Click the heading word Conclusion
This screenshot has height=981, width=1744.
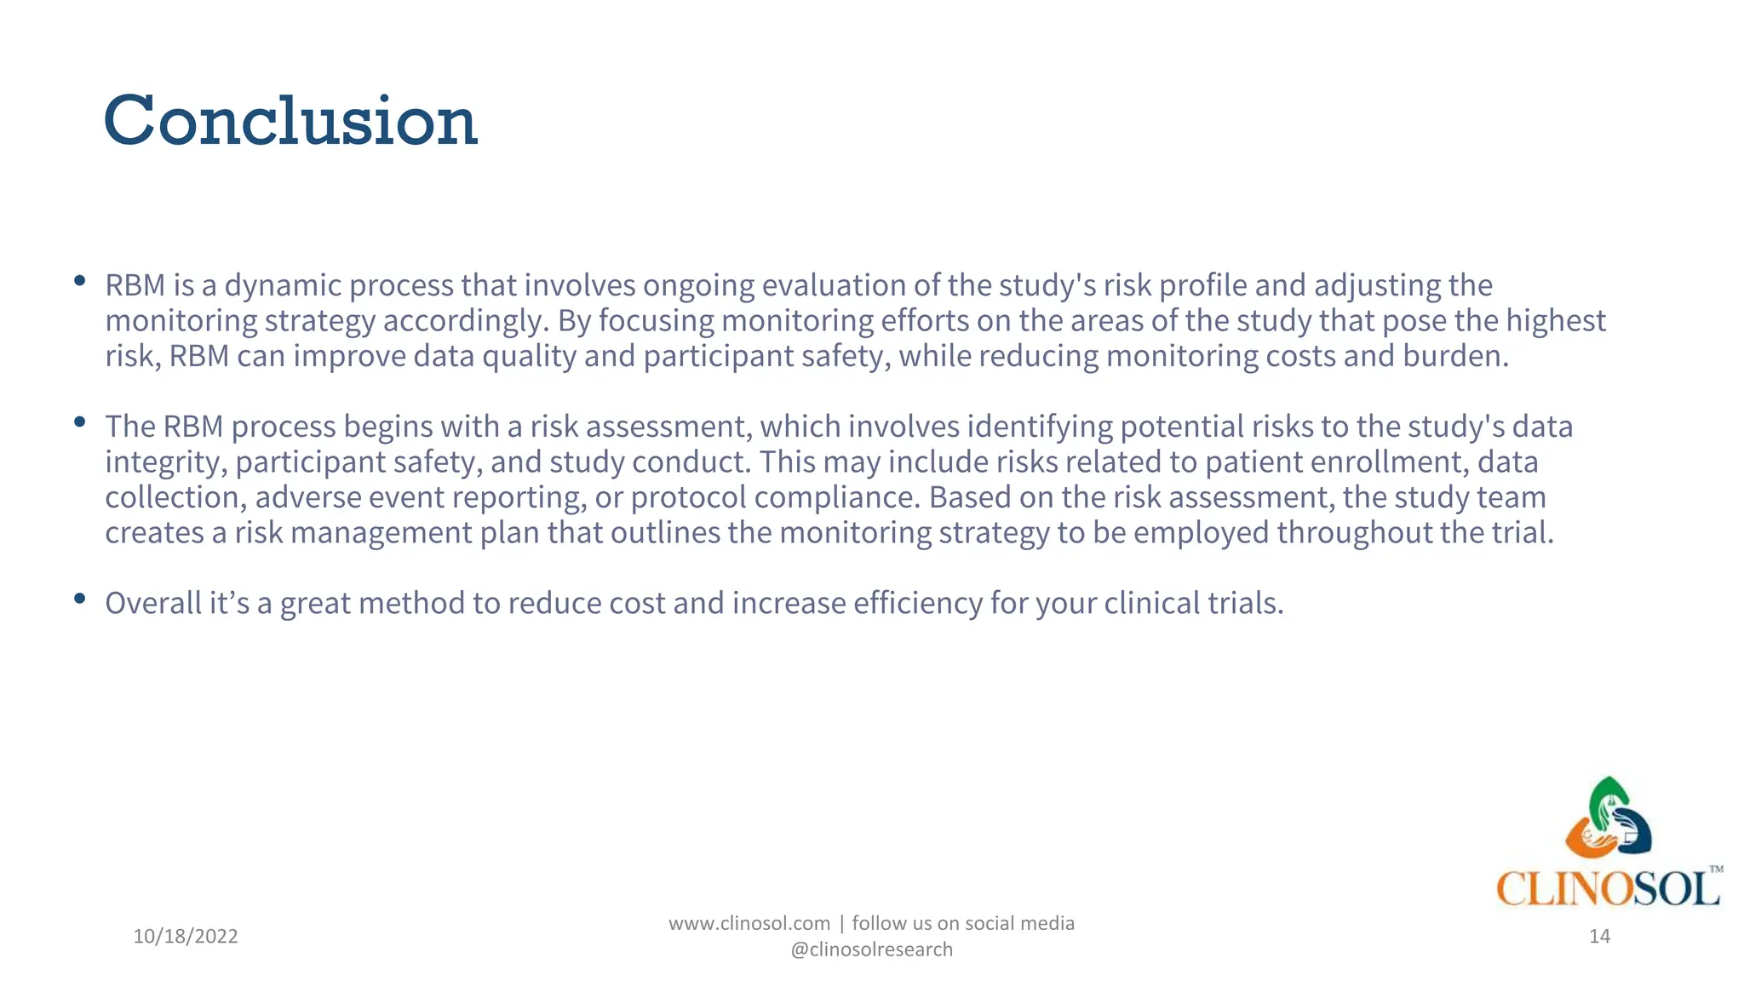[290, 121]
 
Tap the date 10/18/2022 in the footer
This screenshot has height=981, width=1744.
[186, 936]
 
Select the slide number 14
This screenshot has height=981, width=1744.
[1599, 936]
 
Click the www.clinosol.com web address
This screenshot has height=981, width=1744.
[749, 923]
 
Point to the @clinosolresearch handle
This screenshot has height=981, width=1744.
[871, 949]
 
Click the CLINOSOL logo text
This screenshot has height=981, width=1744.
[1608, 889]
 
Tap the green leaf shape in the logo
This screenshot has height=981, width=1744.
[1606, 796]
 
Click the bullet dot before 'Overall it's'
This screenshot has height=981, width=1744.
[80, 599]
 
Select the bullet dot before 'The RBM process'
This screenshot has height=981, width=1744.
[80, 422]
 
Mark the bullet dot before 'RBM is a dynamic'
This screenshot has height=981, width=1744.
[80, 280]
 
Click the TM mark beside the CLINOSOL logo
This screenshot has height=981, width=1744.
[1716, 869]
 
